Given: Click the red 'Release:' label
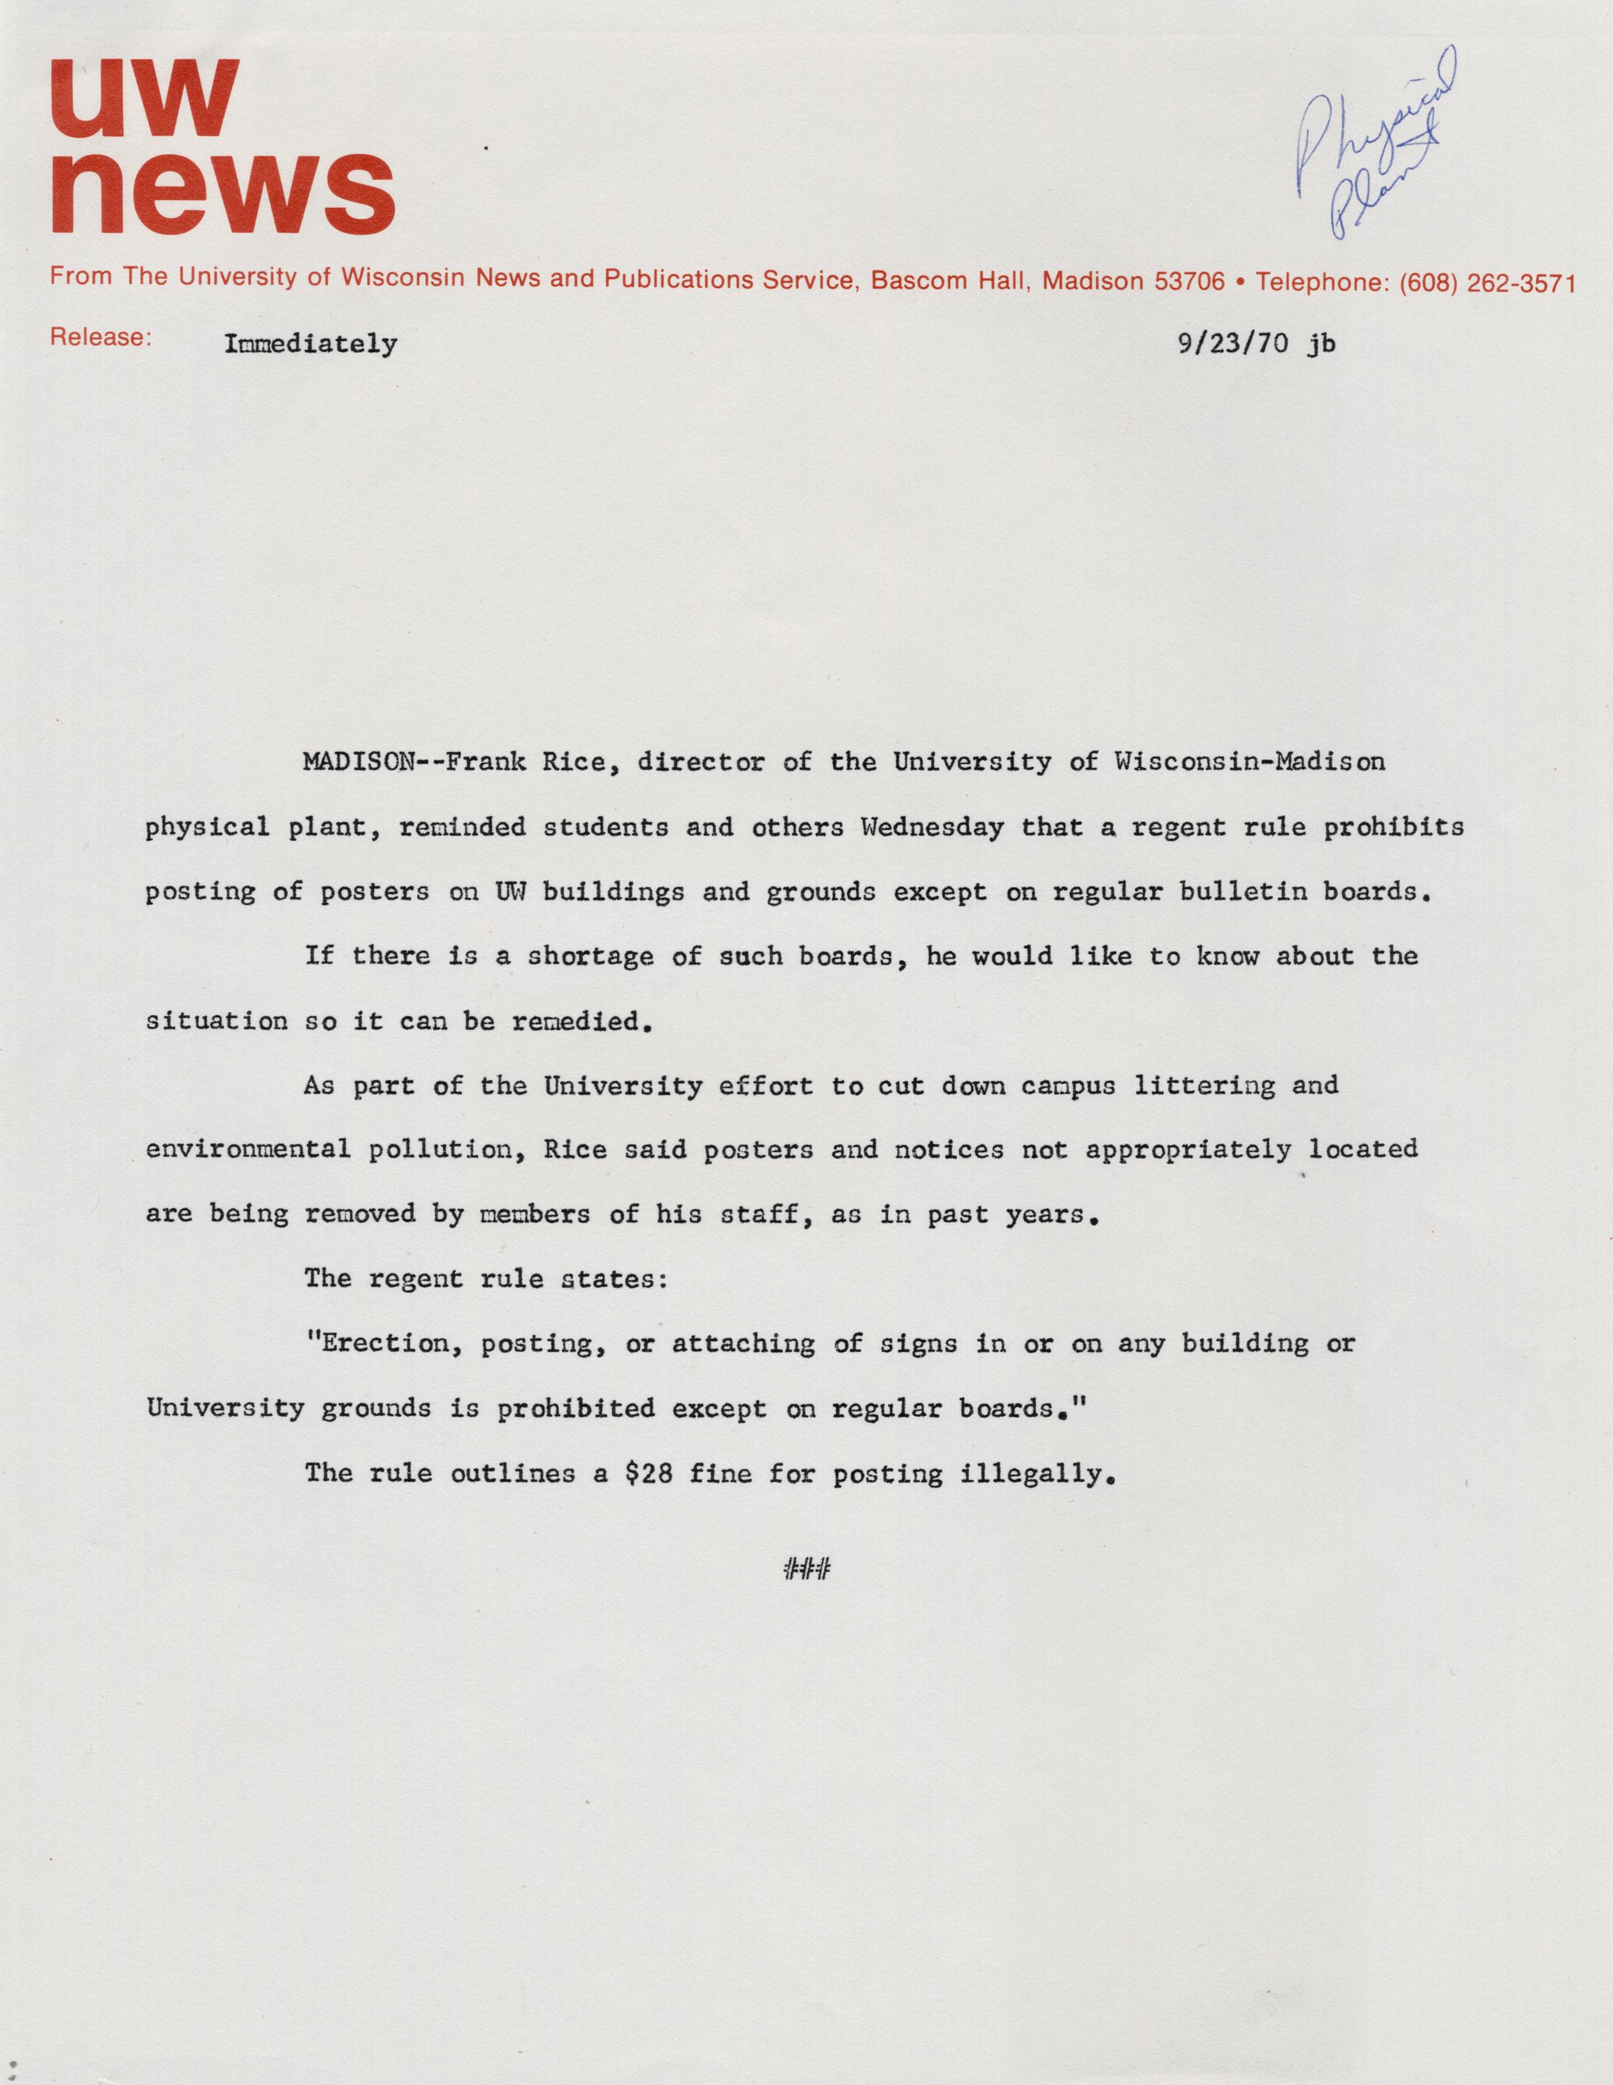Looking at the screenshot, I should [x=100, y=338].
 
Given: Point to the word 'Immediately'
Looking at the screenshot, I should [x=310, y=344].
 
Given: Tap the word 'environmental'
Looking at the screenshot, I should [x=248, y=1150].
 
